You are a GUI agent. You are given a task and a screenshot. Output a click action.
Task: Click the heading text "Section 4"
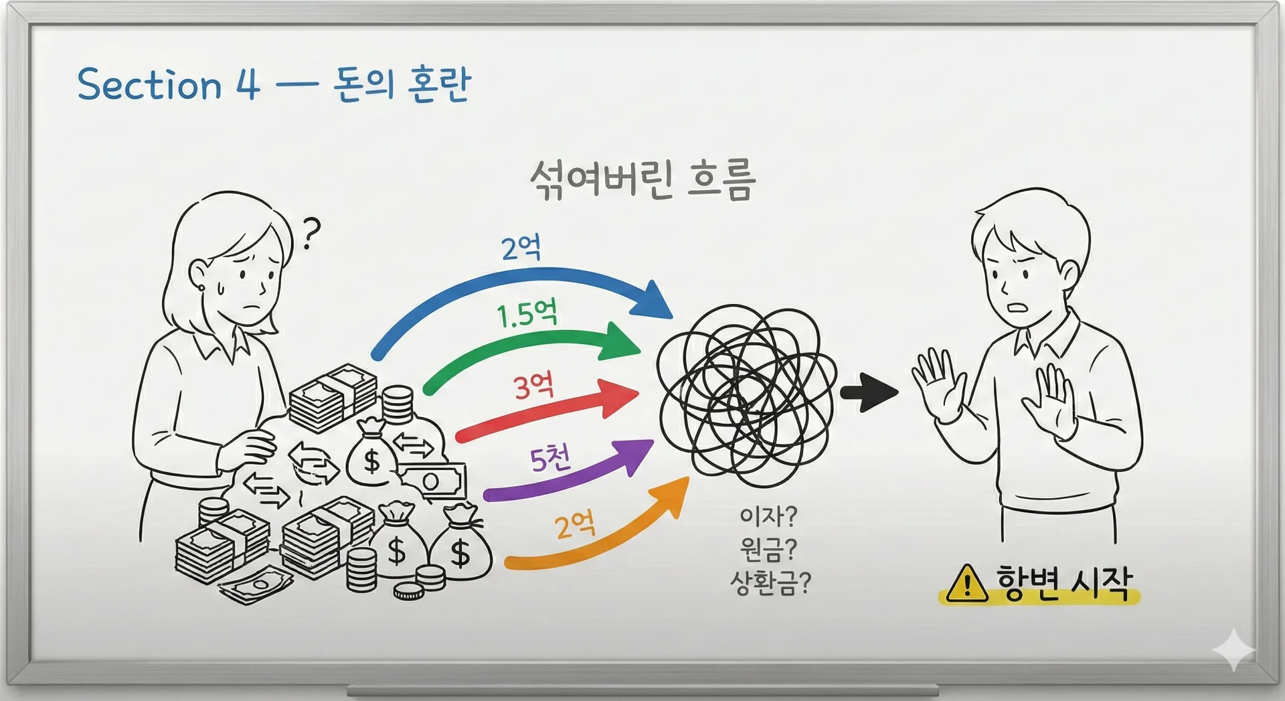[x=168, y=85]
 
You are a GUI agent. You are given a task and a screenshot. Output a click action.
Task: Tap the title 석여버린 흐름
[x=642, y=179]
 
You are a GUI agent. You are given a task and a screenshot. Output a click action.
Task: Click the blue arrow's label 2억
[x=521, y=249]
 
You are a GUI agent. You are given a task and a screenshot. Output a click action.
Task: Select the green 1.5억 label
[x=527, y=313]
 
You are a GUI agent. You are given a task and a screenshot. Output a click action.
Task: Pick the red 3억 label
[x=533, y=386]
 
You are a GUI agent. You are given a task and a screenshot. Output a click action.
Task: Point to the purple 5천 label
[x=550, y=459]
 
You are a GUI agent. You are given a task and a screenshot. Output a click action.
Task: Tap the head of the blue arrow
[x=654, y=302]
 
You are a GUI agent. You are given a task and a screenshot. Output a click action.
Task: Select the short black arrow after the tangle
[x=868, y=392]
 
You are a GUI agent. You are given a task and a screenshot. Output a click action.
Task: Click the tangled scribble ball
[x=746, y=395]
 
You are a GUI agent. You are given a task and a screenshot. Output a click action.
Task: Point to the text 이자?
[x=768, y=516]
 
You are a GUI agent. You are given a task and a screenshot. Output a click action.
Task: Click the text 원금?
[x=768, y=550]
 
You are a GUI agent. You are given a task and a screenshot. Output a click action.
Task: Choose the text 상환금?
[x=770, y=583]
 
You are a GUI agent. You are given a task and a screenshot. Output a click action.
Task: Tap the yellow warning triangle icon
[x=967, y=584]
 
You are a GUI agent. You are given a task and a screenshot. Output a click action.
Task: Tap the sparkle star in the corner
[x=1233, y=649]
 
